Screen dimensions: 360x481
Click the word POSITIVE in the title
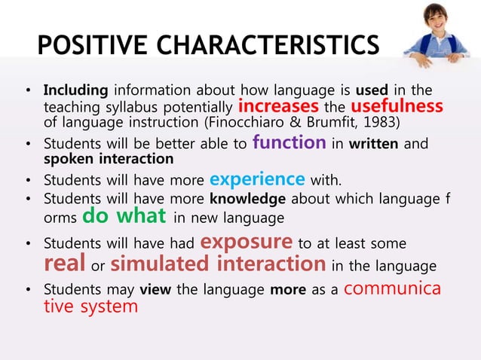click(x=89, y=45)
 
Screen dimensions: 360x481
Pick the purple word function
click(x=290, y=142)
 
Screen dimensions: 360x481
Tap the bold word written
click(x=377, y=144)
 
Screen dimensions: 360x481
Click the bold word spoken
click(x=64, y=159)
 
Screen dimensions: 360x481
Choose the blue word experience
click(x=257, y=179)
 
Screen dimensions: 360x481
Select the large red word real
click(x=64, y=264)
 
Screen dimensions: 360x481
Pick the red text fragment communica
click(x=397, y=288)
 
